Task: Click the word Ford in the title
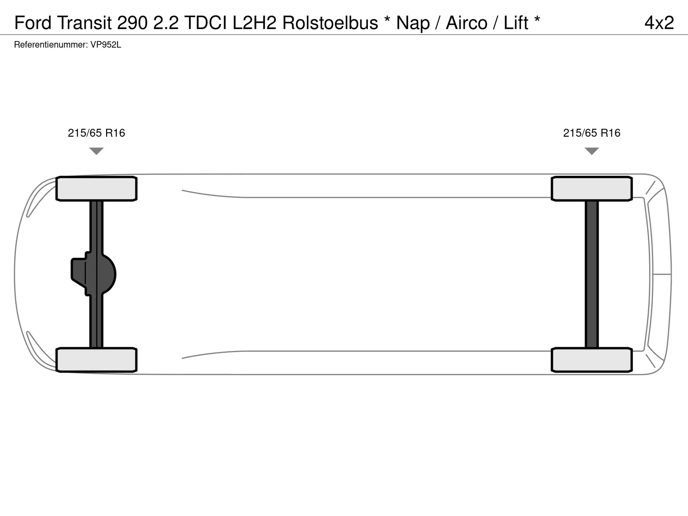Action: click(x=33, y=23)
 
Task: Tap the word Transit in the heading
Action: click(x=84, y=23)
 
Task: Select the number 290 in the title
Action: click(x=132, y=23)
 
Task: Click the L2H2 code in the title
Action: click(x=255, y=23)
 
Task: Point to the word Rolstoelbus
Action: click(x=330, y=23)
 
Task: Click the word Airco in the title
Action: click(x=467, y=23)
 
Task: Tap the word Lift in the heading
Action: click(x=516, y=23)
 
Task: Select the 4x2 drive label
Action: click(x=659, y=23)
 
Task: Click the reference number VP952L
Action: click(x=106, y=45)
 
